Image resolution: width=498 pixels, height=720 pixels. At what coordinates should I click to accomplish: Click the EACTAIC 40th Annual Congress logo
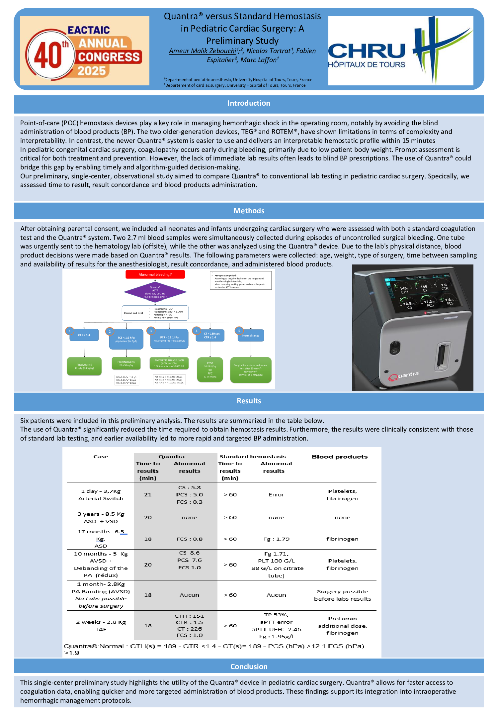pyautogui.click(x=85, y=51)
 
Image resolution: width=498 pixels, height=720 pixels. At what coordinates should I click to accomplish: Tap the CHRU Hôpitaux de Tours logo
pyautogui.click(x=400, y=51)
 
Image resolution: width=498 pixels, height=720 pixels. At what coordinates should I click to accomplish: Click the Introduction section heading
pyautogui.click(x=249, y=103)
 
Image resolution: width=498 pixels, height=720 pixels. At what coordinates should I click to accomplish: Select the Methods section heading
pyautogui.click(x=249, y=211)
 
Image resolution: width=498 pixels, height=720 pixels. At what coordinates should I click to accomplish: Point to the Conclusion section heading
pyautogui.click(x=249, y=667)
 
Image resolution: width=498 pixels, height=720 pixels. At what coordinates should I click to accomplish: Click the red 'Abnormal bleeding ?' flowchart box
pyautogui.click(x=155, y=274)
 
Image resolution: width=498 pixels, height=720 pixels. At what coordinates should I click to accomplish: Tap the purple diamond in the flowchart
pyautogui.click(x=155, y=292)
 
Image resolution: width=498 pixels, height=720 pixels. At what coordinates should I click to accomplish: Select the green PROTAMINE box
pyautogui.click(x=84, y=366)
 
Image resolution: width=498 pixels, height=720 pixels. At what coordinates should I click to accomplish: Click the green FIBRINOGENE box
pyautogui.click(x=126, y=363)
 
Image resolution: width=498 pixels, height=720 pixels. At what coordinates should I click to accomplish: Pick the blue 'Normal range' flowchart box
pyautogui.click(x=251, y=336)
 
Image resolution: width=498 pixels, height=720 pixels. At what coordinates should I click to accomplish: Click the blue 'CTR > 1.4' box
pyautogui.click(x=84, y=335)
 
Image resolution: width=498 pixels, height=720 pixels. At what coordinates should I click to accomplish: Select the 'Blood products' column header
pyautogui.click(x=339, y=457)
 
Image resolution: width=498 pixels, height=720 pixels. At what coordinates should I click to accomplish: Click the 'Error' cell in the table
pyautogui.click(x=276, y=495)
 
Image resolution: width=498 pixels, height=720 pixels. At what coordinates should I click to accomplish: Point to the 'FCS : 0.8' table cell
pyautogui.click(x=189, y=539)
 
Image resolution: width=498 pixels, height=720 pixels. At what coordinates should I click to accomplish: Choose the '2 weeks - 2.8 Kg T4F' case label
pyautogui.click(x=101, y=626)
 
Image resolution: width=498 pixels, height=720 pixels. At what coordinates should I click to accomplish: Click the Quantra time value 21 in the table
pyautogui.click(x=148, y=495)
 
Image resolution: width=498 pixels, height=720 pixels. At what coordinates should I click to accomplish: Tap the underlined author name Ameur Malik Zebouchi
pyautogui.click(x=203, y=51)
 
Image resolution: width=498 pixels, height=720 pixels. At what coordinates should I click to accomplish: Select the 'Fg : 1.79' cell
pyautogui.click(x=276, y=539)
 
